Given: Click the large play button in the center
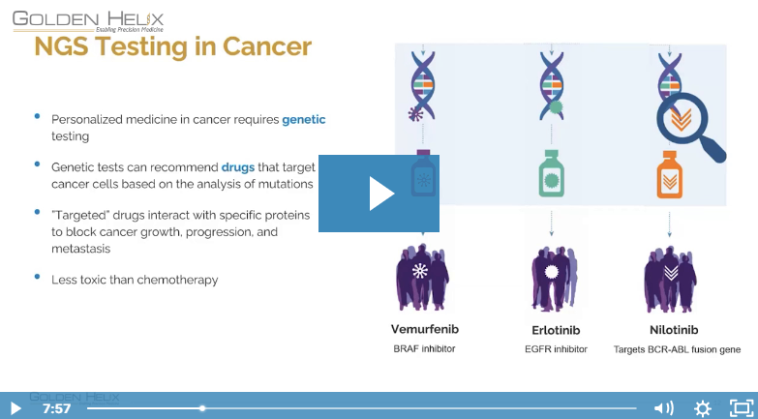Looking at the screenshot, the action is tap(379, 194).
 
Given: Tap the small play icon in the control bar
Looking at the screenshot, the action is tap(15, 408).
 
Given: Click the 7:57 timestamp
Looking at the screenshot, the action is tap(56, 409).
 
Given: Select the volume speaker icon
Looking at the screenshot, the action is tap(663, 408).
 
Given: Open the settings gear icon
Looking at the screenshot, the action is tap(703, 408).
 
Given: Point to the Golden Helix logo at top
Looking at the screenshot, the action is tap(88, 21).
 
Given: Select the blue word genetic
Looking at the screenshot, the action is tap(304, 119).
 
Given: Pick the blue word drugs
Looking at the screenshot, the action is tap(238, 167).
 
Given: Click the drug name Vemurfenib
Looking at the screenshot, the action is tap(424, 329).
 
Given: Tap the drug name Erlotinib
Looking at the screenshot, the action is tap(556, 330).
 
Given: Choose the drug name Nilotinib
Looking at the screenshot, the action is tap(674, 330).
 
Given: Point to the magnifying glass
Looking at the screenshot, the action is tap(690, 127).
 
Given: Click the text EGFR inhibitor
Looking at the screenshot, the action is tap(556, 349).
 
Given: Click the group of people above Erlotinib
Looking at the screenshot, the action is tap(554, 278).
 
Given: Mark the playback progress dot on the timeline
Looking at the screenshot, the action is tap(202, 408).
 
